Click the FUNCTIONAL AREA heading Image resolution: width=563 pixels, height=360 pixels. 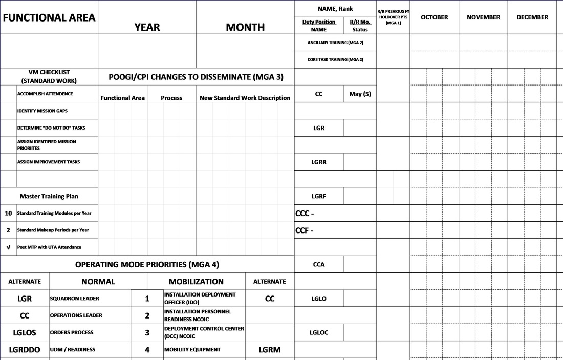[x=49, y=17]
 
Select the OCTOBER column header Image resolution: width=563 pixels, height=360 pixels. [x=434, y=17]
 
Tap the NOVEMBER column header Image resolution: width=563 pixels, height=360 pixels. [x=483, y=17]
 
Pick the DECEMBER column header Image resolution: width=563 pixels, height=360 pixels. [x=532, y=17]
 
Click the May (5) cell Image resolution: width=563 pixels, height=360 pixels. [x=360, y=94]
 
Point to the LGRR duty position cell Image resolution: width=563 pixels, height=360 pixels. [x=319, y=162]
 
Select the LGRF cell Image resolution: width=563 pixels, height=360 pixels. [x=319, y=196]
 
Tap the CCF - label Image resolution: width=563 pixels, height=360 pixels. [x=305, y=230]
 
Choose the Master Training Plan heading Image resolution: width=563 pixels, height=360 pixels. [x=49, y=196]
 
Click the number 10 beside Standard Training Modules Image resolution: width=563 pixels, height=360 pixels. [x=8, y=213]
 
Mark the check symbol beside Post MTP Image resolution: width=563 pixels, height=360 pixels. [x=8, y=247]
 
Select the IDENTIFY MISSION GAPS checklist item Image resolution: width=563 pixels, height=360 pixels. [x=42, y=111]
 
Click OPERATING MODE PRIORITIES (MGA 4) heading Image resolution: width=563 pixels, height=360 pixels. [x=147, y=265]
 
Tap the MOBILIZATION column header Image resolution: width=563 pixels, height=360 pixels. [x=196, y=282]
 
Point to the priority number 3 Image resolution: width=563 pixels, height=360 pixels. [x=147, y=333]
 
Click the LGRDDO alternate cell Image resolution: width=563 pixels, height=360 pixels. [x=25, y=350]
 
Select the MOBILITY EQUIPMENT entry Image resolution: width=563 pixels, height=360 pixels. [x=192, y=350]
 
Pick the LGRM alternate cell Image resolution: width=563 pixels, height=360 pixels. [x=270, y=350]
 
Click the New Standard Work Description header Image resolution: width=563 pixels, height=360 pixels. [x=245, y=98]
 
